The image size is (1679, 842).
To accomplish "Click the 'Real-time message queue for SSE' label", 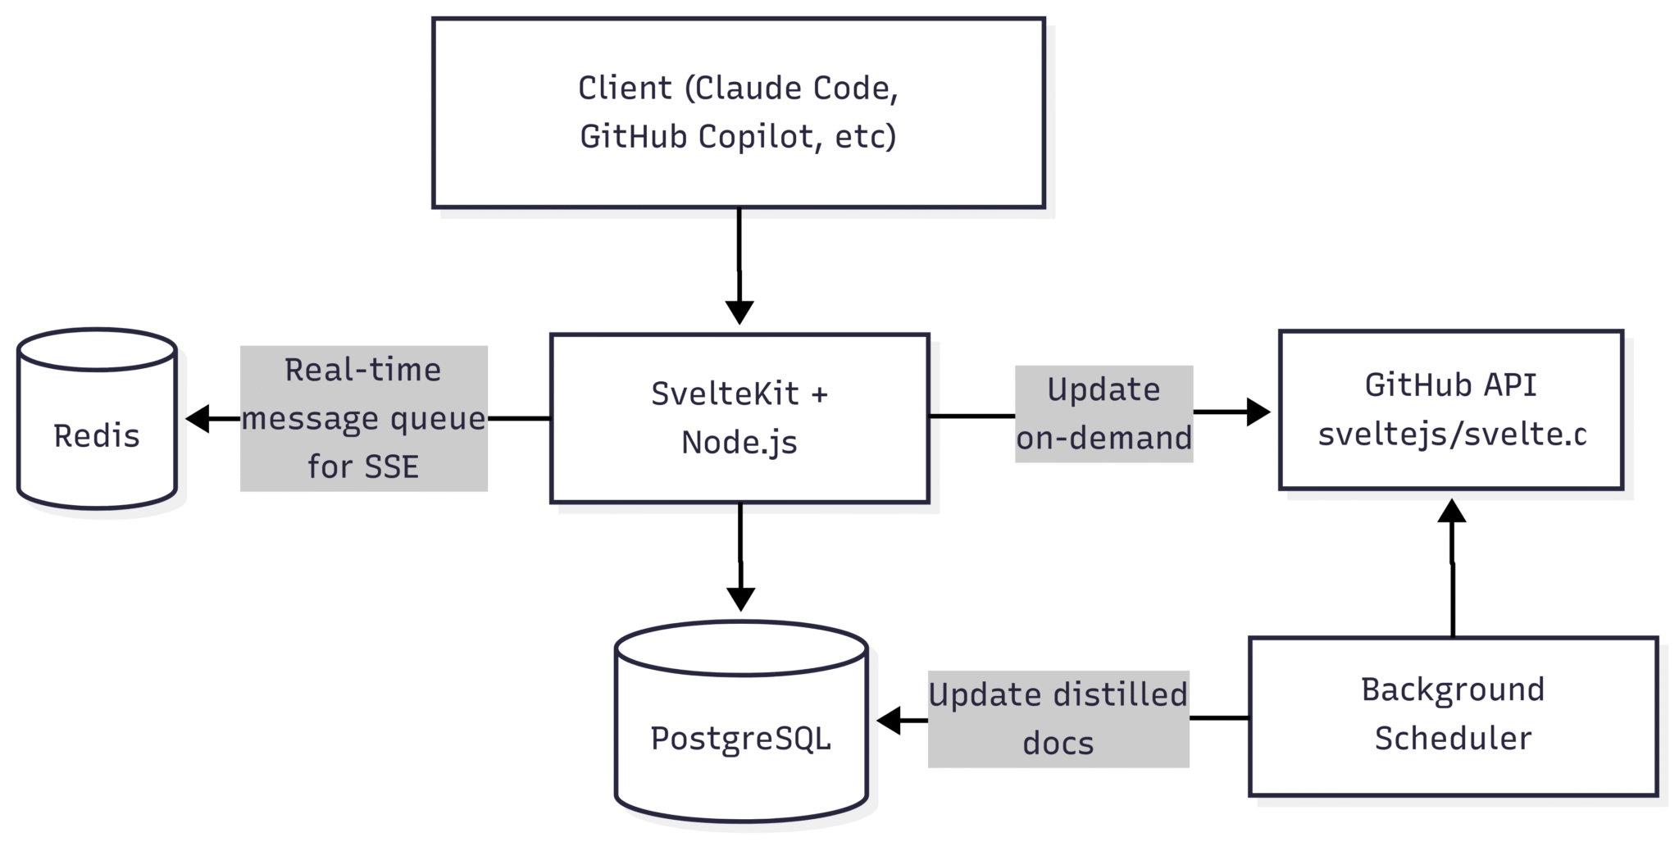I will pos(363,418).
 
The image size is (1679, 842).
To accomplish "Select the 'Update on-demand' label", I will pos(1103,414).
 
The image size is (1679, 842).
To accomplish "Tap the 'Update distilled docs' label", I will pos(1058,719).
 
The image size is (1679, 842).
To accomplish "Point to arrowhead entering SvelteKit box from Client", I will pos(739,312).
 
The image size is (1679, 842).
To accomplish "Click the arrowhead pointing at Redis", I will pos(198,418).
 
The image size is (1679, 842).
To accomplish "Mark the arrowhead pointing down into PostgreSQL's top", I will pos(740,599).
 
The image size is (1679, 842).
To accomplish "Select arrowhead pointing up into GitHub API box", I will pos(1452,511).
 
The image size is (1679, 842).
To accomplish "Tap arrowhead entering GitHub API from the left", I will pos(1258,412).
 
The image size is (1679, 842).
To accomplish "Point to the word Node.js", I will pos(739,443).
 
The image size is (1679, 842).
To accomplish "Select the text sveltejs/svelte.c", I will pos(1452,435).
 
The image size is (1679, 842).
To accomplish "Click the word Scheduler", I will pos(1453,739).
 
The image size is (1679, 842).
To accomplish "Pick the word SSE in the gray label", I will pos(391,467).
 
